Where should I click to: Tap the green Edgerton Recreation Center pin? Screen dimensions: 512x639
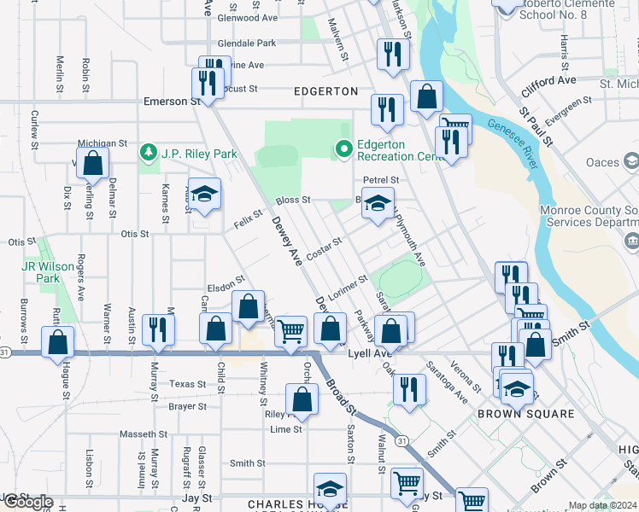click(344, 150)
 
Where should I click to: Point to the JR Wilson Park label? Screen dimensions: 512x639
click(41, 272)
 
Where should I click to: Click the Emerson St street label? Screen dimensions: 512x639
click(165, 102)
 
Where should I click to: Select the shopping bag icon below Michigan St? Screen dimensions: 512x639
click(93, 162)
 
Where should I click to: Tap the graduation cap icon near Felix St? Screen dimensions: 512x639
click(205, 195)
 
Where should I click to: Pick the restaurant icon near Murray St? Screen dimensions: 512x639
click(158, 329)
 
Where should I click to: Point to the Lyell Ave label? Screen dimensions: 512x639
click(369, 352)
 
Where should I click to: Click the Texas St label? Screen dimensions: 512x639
click(188, 384)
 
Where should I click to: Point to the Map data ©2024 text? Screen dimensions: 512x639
click(602, 505)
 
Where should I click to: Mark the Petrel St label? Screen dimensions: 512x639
click(381, 180)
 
